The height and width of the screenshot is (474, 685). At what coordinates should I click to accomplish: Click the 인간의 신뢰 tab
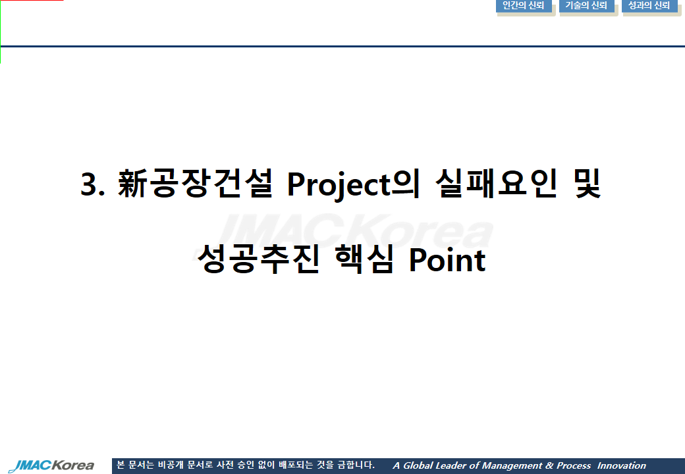[x=524, y=6]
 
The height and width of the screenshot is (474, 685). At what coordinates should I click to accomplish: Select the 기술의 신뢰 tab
[x=586, y=6]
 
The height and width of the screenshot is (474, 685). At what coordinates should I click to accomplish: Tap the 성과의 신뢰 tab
[x=649, y=6]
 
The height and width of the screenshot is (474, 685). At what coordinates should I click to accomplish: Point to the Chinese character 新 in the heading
[x=132, y=183]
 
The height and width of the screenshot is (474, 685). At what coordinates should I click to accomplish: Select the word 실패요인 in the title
[x=496, y=183]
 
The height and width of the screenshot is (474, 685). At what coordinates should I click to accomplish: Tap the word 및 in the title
[x=588, y=183]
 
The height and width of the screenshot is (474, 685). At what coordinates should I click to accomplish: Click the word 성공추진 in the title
[x=258, y=259]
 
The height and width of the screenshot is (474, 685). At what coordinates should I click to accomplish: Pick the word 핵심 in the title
[x=364, y=259]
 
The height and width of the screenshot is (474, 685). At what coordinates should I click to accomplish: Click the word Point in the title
[x=447, y=260]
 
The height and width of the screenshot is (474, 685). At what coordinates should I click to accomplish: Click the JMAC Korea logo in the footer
[x=51, y=465]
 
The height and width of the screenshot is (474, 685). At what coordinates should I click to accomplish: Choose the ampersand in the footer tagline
[x=549, y=465]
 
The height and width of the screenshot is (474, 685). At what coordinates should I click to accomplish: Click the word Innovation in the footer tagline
[x=622, y=465]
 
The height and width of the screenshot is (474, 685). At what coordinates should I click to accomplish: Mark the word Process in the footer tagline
[x=574, y=465]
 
